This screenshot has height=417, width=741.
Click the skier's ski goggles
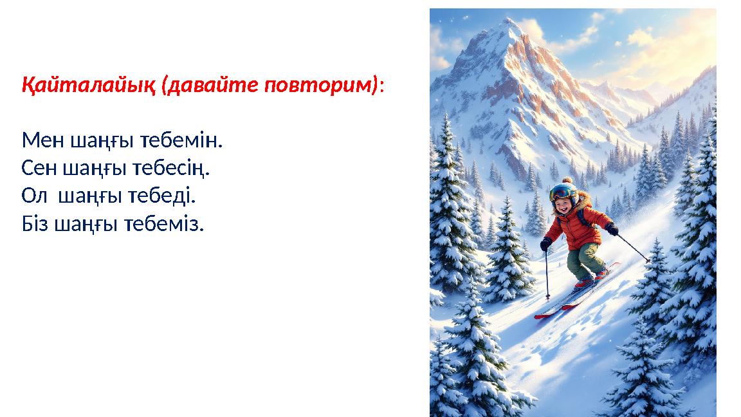tap(564, 192)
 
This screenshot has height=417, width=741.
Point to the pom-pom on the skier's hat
tap(566, 181)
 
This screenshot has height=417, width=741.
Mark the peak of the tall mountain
tap(511, 21)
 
